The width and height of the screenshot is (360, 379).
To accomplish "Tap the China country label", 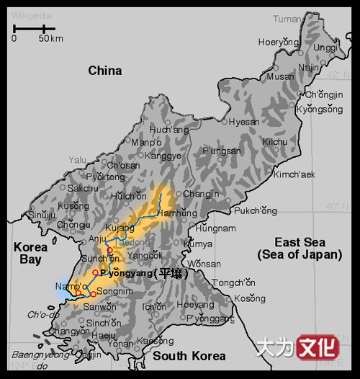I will coord(105,71).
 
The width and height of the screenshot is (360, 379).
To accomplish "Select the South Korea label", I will coord(189,356).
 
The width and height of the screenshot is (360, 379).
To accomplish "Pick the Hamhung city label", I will coord(176,214).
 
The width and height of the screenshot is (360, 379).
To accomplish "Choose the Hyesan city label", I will coord(244,122).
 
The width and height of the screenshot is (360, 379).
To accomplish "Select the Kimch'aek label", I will coord(294,174).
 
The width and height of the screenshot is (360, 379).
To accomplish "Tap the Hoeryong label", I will coord(278,42).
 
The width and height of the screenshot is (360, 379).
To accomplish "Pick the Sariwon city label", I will coord(100,306).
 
